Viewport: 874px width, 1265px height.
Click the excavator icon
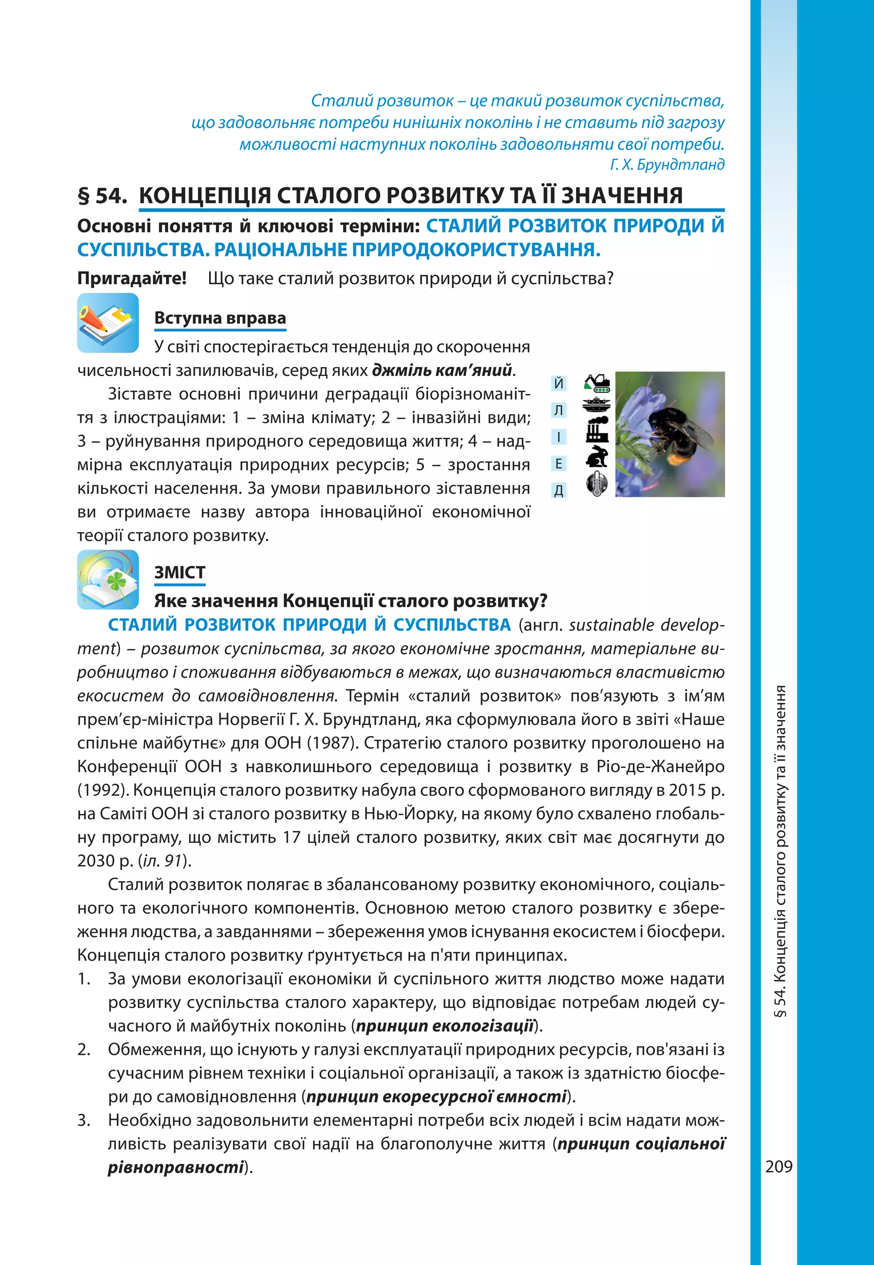(597, 383)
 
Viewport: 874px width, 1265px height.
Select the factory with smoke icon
(597, 430)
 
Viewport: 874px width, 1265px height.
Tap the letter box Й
(559, 383)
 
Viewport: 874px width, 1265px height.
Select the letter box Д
(559, 490)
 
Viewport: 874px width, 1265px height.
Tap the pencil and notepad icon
(108, 323)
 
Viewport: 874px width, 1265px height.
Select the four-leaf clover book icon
(108, 580)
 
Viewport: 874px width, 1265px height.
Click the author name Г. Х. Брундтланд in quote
(667, 164)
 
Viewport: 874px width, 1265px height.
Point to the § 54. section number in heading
(102, 195)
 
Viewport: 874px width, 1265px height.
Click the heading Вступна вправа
(220, 318)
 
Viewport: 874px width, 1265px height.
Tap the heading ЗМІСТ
(180, 572)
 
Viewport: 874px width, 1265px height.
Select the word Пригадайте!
(132, 278)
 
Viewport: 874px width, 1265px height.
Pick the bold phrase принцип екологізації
(445, 1026)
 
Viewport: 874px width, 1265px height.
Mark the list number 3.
(83, 1120)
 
